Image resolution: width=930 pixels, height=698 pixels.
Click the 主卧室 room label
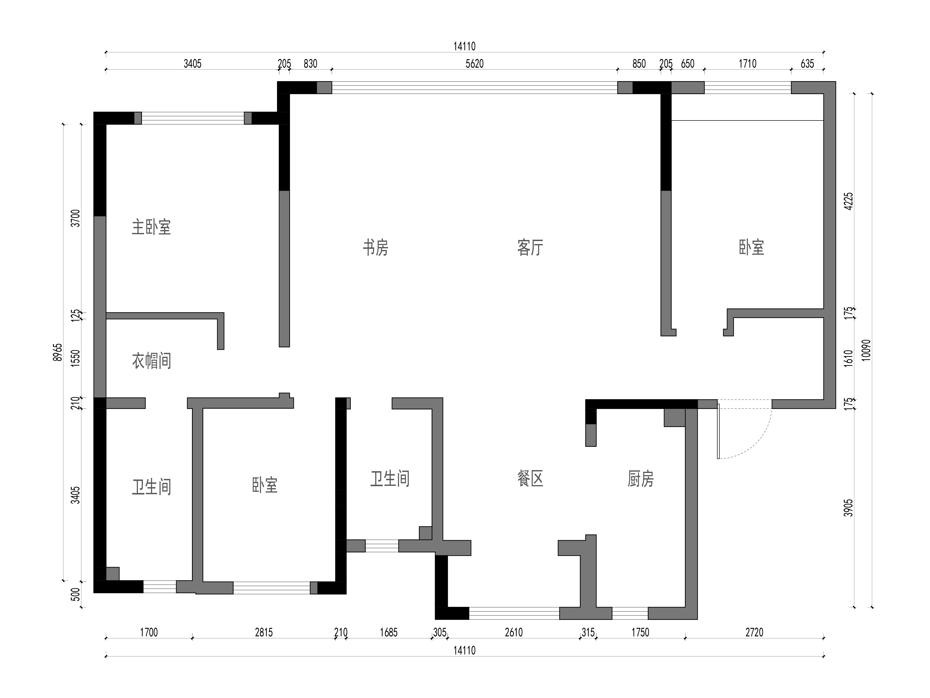[151, 227]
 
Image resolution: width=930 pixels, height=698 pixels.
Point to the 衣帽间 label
[151, 361]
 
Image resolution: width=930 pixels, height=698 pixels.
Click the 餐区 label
[530, 478]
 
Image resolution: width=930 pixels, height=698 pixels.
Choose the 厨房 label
[641, 478]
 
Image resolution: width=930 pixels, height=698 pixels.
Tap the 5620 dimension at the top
[475, 64]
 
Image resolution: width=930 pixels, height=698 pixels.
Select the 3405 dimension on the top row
[192, 64]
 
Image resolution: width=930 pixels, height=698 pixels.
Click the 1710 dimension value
[748, 64]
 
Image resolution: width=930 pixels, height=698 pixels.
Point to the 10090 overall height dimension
[866, 350]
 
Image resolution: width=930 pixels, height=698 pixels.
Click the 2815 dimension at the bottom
[264, 632]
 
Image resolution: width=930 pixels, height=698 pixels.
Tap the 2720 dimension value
[754, 632]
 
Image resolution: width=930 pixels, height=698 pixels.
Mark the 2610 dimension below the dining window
[514, 632]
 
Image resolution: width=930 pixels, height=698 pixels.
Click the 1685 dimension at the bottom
[388, 632]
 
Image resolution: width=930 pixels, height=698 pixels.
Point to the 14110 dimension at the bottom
[465, 650]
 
